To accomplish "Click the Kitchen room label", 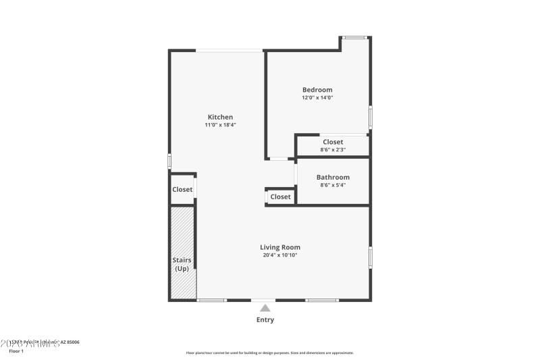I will (220, 117).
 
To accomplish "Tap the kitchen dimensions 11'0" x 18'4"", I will (220, 125).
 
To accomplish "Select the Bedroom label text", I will (317, 90).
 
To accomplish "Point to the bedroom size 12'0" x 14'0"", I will (317, 98).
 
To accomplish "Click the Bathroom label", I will (333, 177).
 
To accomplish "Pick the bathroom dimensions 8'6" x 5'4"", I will (333, 185).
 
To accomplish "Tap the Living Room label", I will (280, 247).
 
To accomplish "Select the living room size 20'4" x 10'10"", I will (280, 255).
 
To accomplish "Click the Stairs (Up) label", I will (182, 264).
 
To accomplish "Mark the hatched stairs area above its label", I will (182, 230).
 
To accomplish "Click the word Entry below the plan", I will (265, 319).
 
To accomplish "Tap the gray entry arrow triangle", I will (265, 308).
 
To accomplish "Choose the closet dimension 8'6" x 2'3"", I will (333, 150).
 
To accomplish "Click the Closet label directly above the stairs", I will (182, 190).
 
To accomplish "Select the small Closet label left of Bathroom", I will (280, 197).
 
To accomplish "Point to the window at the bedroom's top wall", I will (354, 37).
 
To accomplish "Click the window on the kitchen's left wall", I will (169, 161).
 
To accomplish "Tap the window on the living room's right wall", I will (370, 258).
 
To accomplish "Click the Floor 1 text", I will (16, 351).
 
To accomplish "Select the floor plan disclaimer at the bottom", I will (269, 353).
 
